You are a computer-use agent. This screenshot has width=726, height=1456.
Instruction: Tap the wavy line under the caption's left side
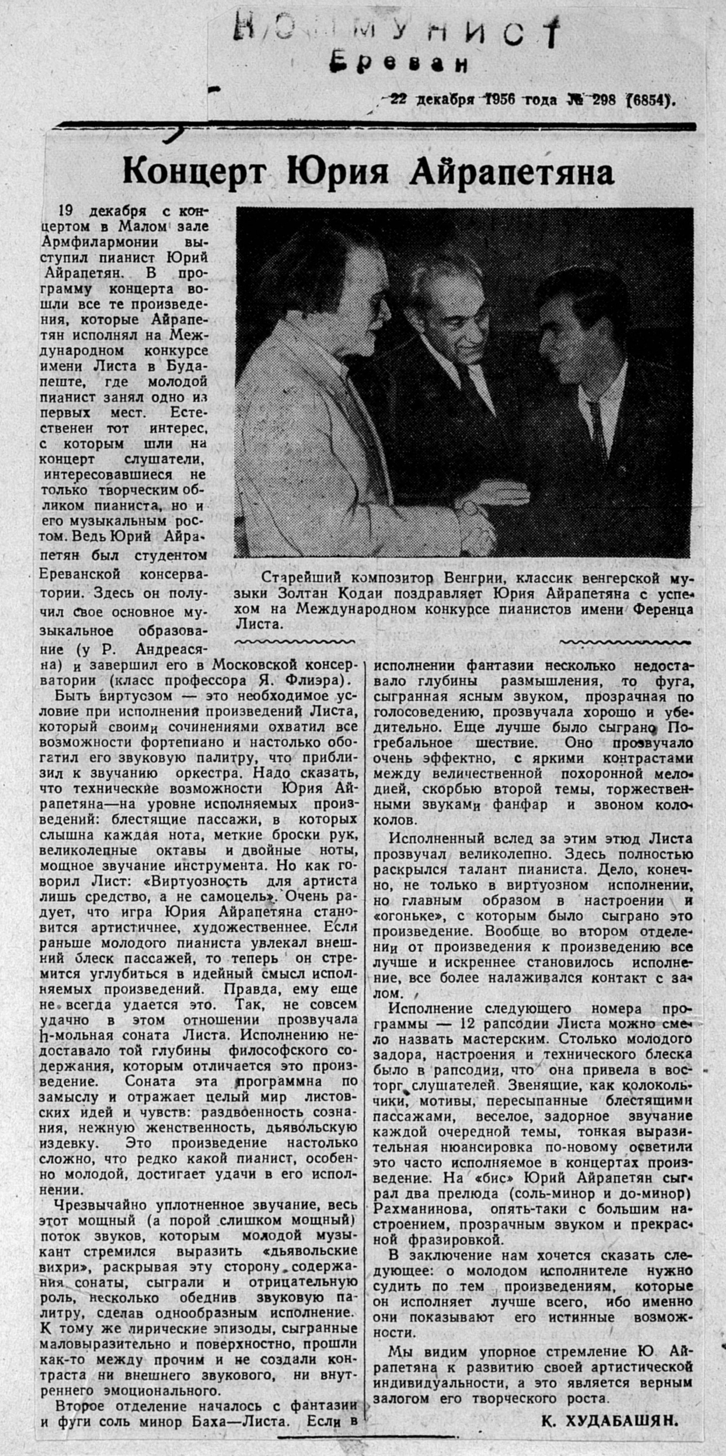(294, 641)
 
